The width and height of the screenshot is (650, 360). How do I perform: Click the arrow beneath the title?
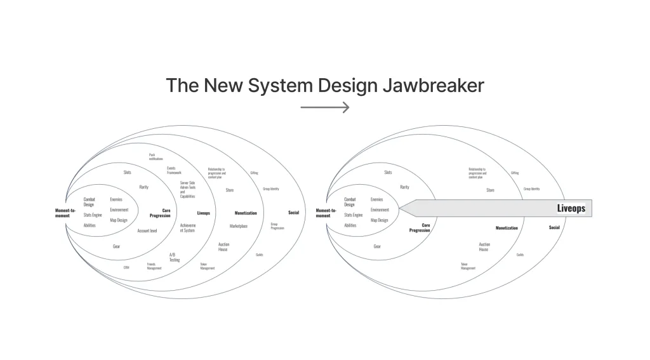pos(325,107)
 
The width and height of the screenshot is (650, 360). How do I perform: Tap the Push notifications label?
pos(156,157)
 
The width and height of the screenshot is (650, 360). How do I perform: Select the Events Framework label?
pos(175,170)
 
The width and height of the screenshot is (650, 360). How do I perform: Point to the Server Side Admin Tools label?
pos(188,190)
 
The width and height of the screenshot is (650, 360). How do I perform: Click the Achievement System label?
pos(187,228)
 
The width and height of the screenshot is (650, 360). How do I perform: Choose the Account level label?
pos(147,230)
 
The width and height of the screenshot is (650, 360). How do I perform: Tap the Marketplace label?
pos(239,225)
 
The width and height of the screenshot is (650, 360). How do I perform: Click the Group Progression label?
pos(277,225)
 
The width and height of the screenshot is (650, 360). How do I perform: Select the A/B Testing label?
pos(175,257)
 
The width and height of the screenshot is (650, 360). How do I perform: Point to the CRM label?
pos(126,267)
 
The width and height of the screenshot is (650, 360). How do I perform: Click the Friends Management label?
pos(155,267)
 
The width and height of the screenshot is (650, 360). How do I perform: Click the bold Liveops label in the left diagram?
pos(203,213)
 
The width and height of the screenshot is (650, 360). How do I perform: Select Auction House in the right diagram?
pos(484,247)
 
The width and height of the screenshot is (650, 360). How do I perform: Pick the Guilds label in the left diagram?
pos(260,255)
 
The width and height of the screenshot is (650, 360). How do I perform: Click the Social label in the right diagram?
pos(554,227)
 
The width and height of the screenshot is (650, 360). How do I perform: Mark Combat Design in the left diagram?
pos(89,202)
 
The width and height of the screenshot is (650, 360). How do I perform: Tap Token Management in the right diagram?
pos(468,266)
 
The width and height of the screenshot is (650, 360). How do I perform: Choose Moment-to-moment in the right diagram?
pos(323,213)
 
